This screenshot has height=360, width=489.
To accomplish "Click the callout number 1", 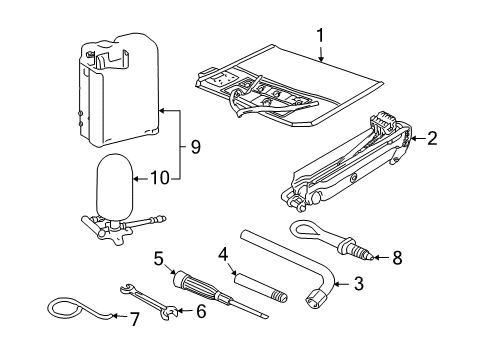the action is tap(320, 35).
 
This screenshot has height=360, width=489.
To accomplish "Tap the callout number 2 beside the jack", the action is tap(432, 138).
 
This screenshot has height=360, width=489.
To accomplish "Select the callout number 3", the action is tap(358, 284).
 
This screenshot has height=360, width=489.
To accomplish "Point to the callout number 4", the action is tap(223, 254).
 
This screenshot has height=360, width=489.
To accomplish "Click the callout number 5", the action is tap(159, 258).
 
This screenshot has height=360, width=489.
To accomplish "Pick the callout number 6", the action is tap(201, 311).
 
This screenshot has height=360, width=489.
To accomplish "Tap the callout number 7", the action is tap(134, 319).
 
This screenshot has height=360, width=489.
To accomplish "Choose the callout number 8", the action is tap(397, 258).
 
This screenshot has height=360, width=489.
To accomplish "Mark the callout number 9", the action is tap(196, 147).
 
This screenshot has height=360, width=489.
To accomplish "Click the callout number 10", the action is tap(160, 178).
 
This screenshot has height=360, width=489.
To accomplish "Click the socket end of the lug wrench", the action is tap(315, 298).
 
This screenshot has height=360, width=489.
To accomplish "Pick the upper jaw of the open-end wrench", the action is tap(127, 288).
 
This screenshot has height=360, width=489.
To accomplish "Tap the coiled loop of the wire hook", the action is tap(65, 306).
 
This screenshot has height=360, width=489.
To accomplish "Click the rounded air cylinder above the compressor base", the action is tap(114, 185).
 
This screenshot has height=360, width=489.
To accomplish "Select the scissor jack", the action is tap(347, 162).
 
